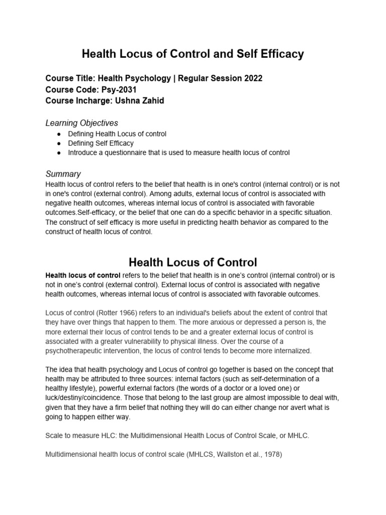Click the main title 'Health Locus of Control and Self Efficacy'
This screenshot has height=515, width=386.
pyautogui.click(x=192, y=54)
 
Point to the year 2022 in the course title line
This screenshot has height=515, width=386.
pyautogui.click(x=251, y=78)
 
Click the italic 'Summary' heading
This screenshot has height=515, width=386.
pyautogui.click(x=63, y=174)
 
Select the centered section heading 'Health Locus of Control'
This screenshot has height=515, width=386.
pyautogui.click(x=192, y=262)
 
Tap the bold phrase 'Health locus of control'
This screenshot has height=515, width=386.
pyautogui.click(x=83, y=276)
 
